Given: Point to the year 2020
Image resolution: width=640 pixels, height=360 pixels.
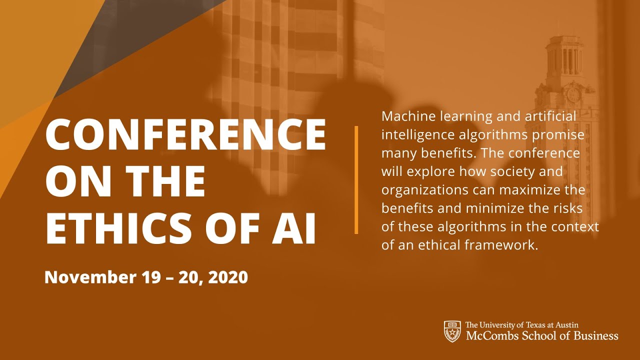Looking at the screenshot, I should coord(227,277).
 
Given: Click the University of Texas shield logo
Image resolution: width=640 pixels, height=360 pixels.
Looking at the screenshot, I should coord(452,331).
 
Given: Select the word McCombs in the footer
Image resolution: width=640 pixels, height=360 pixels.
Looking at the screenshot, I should coord(490,335).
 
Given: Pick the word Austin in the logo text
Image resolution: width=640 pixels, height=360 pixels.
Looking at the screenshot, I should coord(567,325).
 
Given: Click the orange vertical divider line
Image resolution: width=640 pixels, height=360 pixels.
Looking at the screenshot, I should coord(356,180).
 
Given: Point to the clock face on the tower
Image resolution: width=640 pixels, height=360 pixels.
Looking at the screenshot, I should coord(573,93).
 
